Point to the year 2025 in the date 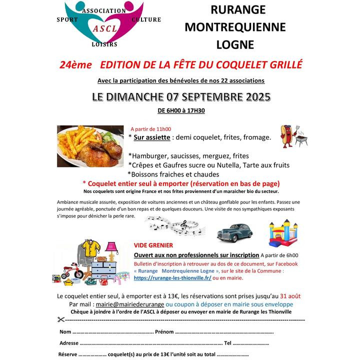click(x=252, y=97)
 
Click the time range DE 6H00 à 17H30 click(x=181, y=110)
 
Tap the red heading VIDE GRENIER click(x=153, y=245)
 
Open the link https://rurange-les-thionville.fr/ click(x=172, y=278)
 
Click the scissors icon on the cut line click(x=61, y=319)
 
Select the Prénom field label click(x=164, y=331)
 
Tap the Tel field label click(x=228, y=343)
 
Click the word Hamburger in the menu click(x=148, y=156)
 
